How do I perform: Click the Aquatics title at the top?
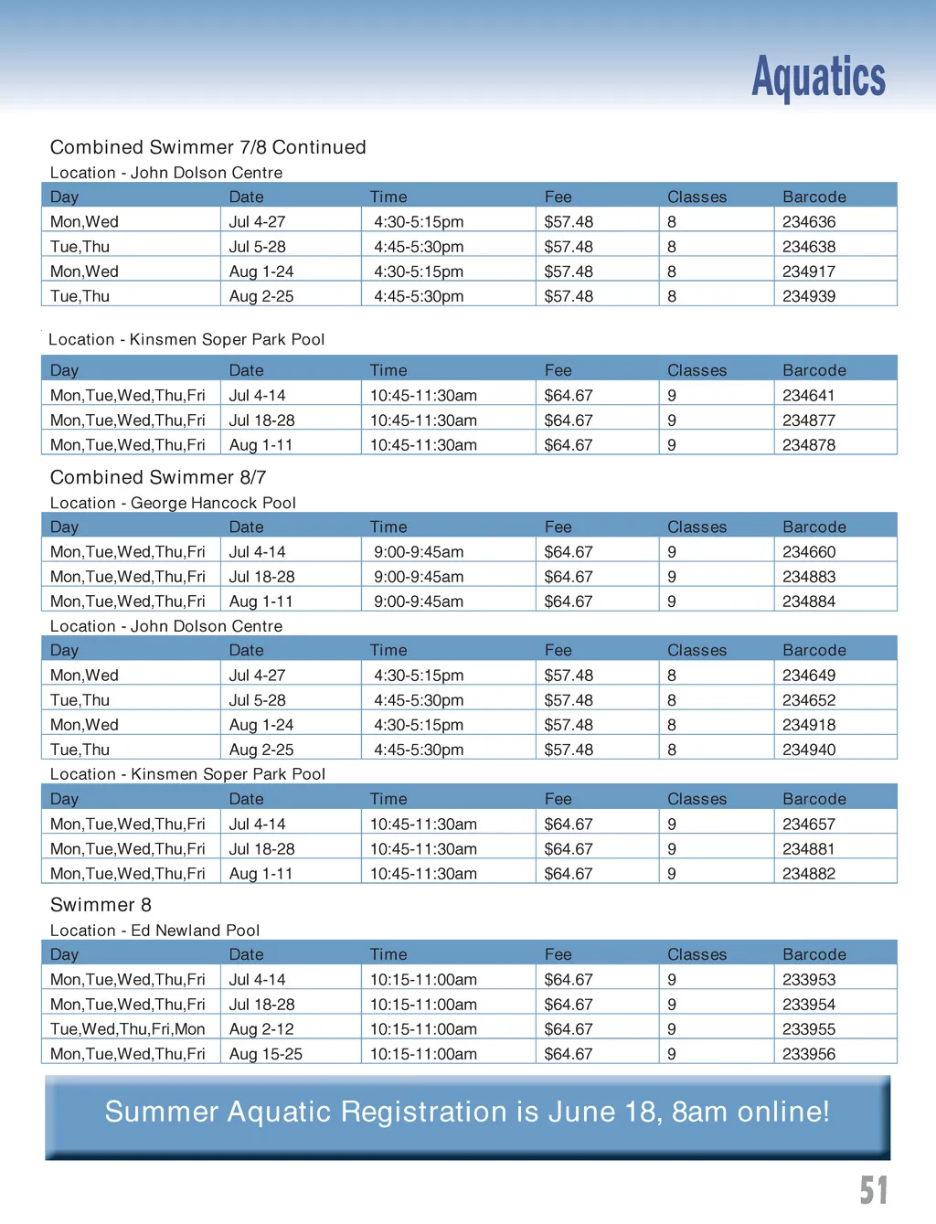(x=818, y=77)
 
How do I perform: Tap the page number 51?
(x=873, y=1189)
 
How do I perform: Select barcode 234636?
(x=809, y=222)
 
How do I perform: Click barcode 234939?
(x=809, y=296)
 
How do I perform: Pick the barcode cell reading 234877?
(x=809, y=420)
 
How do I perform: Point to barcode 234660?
(x=809, y=552)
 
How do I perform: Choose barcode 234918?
(x=809, y=725)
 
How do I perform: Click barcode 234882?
(x=809, y=874)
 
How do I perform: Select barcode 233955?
(x=809, y=1029)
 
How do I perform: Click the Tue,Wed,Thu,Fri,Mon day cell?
(x=127, y=1029)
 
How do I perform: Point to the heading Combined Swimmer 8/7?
(x=158, y=477)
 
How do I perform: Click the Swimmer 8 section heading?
(x=101, y=905)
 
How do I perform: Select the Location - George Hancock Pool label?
(x=173, y=503)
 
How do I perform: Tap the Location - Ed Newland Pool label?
(x=154, y=931)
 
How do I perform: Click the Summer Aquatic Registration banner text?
(x=467, y=1112)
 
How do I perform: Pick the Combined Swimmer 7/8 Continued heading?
(x=207, y=147)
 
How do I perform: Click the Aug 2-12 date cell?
(x=261, y=1029)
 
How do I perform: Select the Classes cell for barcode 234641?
(x=672, y=396)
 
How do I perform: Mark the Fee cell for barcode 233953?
(x=569, y=980)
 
